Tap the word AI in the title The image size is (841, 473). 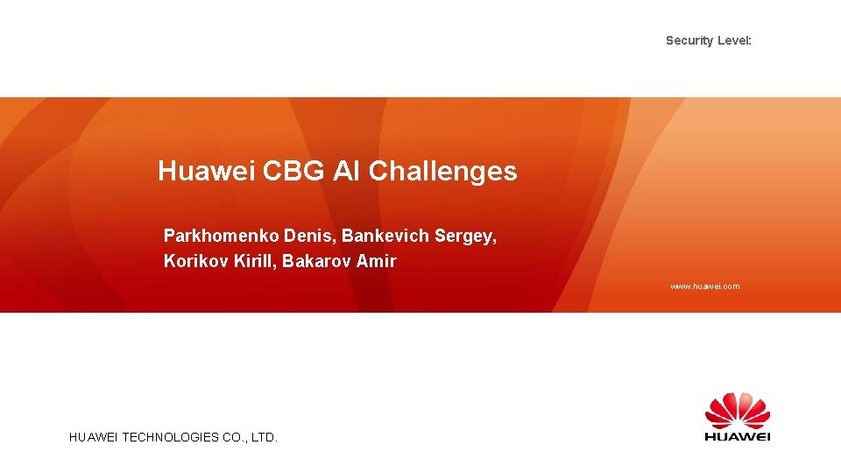(348, 171)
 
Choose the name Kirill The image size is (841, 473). (254, 261)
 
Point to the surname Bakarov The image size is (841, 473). (316, 261)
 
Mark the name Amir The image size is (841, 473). (377, 261)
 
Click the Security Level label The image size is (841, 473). (708, 40)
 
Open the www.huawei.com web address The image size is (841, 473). (704, 286)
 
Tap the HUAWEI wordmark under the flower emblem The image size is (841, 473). (738, 436)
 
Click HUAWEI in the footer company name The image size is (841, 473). (94, 436)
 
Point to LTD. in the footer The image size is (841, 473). (264, 436)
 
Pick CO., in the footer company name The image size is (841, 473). (232, 436)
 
